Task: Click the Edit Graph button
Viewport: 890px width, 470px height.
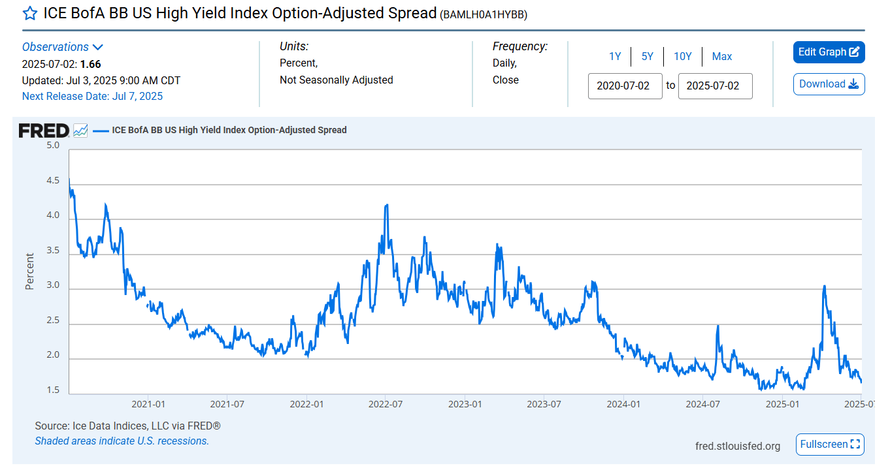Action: tap(829, 52)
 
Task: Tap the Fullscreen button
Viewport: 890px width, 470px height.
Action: tap(830, 445)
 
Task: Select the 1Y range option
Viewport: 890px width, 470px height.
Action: tap(615, 57)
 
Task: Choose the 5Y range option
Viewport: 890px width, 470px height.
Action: tap(647, 57)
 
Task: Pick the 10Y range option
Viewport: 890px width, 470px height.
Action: tap(682, 57)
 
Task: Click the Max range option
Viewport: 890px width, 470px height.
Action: tap(721, 57)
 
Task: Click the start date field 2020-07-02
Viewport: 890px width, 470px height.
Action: tap(625, 86)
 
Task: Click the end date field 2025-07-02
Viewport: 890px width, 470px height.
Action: tap(715, 86)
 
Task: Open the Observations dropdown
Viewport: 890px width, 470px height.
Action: tap(63, 47)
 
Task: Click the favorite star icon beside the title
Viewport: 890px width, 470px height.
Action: tap(30, 14)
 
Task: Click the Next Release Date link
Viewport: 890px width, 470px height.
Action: tap(92, 97)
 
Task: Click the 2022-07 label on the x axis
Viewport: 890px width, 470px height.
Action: tap(386, 405)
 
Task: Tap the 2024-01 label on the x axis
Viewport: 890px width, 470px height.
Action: tap(623, 405)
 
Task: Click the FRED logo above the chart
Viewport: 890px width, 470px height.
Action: tap(44, 130)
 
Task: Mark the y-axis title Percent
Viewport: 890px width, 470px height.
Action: tap(30, 271)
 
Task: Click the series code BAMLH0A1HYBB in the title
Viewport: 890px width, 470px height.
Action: tap(484, 14)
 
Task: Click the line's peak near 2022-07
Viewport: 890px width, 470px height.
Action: tap(387, 205)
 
